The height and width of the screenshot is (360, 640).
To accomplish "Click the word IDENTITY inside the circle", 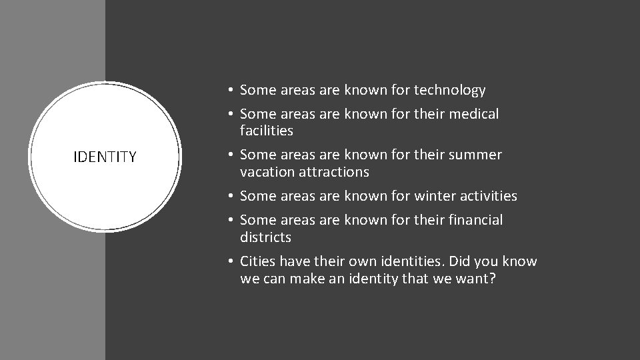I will (105, 157).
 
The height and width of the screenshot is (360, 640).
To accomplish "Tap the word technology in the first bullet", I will (449, 90).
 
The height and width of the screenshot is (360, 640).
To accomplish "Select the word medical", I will (473, 114).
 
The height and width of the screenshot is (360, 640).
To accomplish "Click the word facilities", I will (266, 131).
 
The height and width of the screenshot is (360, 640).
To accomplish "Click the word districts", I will (265, 237).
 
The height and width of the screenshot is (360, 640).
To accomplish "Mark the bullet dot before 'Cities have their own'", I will (229, 262).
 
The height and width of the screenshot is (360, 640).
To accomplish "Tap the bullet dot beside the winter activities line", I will (229, 197).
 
